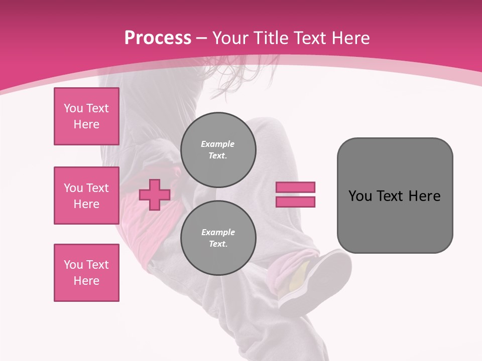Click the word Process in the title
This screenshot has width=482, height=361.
158,38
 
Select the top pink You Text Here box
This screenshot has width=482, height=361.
86,116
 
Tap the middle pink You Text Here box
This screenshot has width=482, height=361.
86,196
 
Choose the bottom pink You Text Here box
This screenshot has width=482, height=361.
86,273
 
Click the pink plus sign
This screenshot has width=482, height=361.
154,195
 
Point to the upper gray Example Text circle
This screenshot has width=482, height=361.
218,149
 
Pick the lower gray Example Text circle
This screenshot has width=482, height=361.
218,238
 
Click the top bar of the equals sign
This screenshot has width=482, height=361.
295,187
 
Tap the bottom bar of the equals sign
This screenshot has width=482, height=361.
295,202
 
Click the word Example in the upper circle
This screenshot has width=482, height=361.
217,144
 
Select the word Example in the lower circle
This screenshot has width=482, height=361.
218,232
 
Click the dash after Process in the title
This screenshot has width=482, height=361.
202,38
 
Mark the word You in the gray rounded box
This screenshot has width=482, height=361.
359,196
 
